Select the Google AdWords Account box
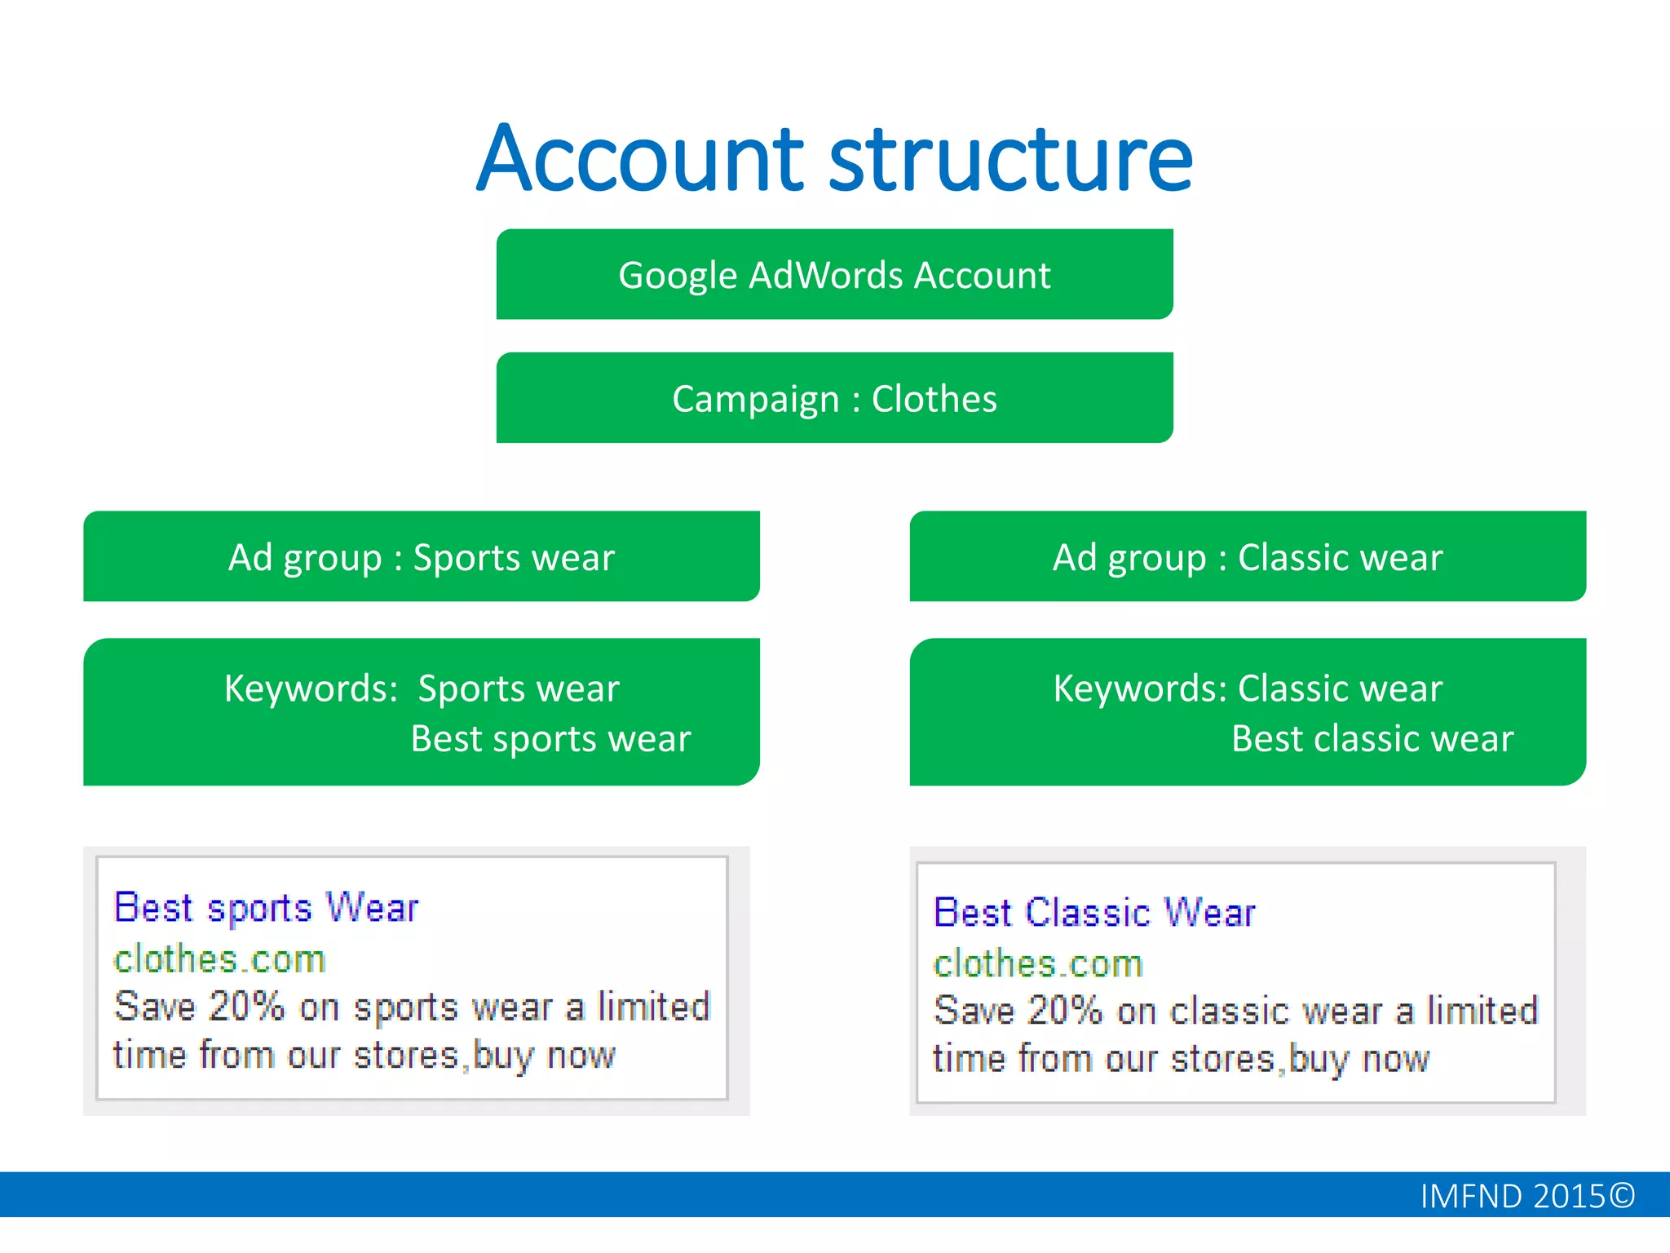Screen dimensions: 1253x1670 pos(834,275)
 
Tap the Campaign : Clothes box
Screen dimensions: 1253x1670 pos(834,399)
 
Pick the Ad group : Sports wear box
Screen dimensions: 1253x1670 pos(421,557)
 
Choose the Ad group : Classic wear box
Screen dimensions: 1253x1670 pos(1248,557)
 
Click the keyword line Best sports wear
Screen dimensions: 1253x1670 pos(550,739)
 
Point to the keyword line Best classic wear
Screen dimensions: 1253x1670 pos(1372,739)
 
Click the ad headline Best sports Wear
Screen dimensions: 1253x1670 pos(266,907)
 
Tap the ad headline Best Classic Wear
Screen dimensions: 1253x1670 pos(1094,912)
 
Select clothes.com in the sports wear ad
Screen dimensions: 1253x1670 pos(219,959)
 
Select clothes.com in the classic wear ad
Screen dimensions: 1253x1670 pos(1038,964)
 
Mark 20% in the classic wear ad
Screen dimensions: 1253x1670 pos(1065,1011)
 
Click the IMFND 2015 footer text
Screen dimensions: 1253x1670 pos(1513,1196)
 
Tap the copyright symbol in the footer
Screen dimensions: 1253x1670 pos(1623,1196)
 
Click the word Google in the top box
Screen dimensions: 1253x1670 pos(678,276)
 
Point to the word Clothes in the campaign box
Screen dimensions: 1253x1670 pos(934,399)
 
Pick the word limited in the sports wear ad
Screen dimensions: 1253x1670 pos(654,1006)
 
